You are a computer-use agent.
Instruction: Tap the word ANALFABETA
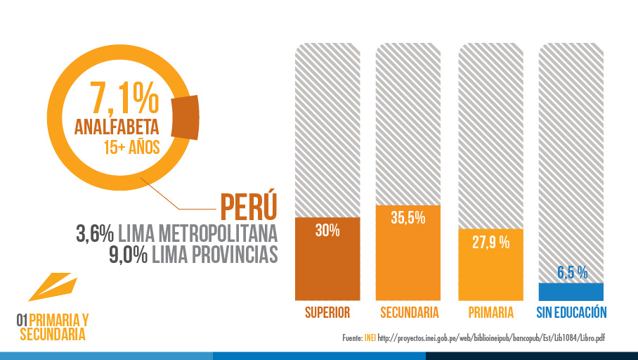pyautogui.click(x=117, y=128)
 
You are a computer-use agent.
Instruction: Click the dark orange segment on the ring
pyautogui.click(x=185, y=114)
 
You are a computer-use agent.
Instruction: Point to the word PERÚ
pyautogui.click(x=248, y=205)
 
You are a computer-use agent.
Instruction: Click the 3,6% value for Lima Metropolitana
pyautogui.click(x=95, y=233)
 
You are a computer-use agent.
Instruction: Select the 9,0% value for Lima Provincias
pyautogui.click(x=127, y=255)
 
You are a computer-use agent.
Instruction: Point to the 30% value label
pyautogui.click(x=327, y=230)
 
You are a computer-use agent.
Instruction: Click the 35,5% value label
pyautogui.click(x=408, y=218)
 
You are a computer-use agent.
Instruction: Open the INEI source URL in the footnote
pyautogui.click(x=491, y=338)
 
